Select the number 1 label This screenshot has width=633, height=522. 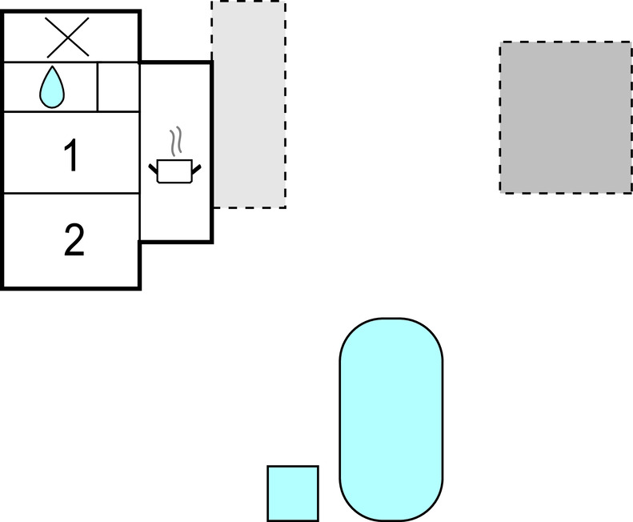(x=70, y=155)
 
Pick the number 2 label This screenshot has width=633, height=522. (x=74, y=240)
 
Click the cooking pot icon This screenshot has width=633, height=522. (x=174, y=171)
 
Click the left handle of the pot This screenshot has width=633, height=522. (x=154, y=168)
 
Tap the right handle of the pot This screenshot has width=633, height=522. (x=195, y=167)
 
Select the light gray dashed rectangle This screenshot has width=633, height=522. (x=248, y=104)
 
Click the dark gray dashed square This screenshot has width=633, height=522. (x=566, y=117)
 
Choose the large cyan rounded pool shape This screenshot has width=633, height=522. (x=391, y=418)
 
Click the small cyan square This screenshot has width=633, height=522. (x=292, y=492)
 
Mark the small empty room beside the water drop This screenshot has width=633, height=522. (x=118, y=86)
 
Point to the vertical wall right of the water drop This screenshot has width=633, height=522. (x=98, y=86)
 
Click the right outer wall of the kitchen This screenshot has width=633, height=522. (x=211, y=152)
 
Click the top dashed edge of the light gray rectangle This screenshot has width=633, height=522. (x=248, y=2)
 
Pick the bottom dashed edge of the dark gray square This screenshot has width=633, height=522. (x=566, y=192)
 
